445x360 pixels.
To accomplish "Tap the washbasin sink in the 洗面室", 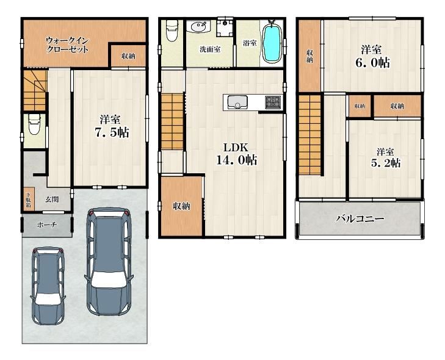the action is [x=198, y=27].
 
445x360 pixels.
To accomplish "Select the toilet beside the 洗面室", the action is [x=172, y=31].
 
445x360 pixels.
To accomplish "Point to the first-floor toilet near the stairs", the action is [x=35, y=125].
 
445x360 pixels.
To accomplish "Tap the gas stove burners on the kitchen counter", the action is [x=273, y=102].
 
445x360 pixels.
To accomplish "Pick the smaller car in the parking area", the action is [x=48, y=286].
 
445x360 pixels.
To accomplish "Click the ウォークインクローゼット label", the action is [x=67, y=45].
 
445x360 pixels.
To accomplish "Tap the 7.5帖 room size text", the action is [x=112, y=133].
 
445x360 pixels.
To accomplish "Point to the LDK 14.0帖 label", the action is [x=236, y=154].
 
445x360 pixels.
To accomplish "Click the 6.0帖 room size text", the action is [x=372, y=63].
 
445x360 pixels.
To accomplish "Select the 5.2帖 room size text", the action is [x=386, y=163].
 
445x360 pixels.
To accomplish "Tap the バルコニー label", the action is [x=360, y=218].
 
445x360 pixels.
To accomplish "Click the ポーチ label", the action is [x=47, y=225].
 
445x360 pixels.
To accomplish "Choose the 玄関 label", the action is [x=52, y=199].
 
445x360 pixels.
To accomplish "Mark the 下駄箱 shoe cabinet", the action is [x=29, y=199].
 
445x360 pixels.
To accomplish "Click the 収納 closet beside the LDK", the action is [x=182, y=206].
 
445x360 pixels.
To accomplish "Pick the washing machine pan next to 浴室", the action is [x=225, y=27].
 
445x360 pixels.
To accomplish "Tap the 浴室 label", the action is [x=250, y=43].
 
